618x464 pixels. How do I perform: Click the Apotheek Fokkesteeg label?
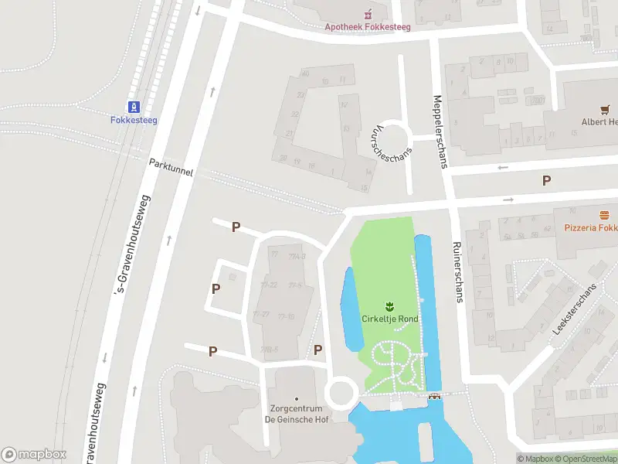pyautogui.click(x=367, y=26)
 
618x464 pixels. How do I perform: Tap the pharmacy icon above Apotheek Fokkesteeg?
pyautogui.click(x=368, y=13)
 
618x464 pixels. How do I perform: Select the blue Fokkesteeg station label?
pyautogui.click(x=134, y=120)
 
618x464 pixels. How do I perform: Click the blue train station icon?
pyautogui.click(x=134, y=106)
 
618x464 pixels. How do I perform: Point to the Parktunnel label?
pyautogui.click(x=171, y=167)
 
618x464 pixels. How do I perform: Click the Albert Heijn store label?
pyautogui.click(x=599, y=122)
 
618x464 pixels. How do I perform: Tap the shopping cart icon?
pyautogui.click(x=605, y=110)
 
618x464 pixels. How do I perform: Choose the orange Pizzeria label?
pyautogui.click(x=590, y=228)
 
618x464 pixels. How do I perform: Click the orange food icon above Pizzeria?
pyautogui.click(x=605, y=214)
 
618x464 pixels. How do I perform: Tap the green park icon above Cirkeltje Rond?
pyautogui.click(x=389, y=305)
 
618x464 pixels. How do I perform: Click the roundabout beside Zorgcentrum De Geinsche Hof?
pyautogui.click(x=342, y=393)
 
